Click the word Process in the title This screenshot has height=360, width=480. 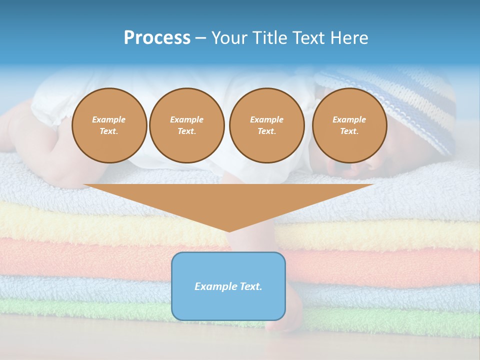tap(157, 38)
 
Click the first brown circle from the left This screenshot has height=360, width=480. tap(109, 125)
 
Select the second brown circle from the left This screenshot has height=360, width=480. tap(186, 125)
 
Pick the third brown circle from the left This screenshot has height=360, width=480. tap(266, 125)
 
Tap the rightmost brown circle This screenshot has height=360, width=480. tap(349, 125)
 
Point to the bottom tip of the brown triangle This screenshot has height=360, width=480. tap(229, 230)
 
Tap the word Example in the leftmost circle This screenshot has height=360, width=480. tap(109, 119)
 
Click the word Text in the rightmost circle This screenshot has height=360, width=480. tap(349, 131)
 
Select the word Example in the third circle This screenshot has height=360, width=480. tap(266, 119)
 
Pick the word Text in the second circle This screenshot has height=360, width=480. tap(186, 131)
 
